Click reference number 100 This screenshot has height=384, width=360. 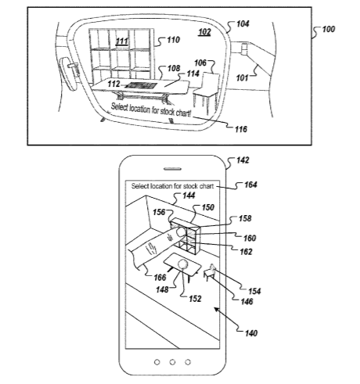[328, 29]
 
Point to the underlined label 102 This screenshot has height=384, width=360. [204, 32]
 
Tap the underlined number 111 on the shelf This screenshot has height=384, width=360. [121, 41]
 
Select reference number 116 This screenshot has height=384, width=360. [241, 129]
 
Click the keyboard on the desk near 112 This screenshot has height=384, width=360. [142, 86]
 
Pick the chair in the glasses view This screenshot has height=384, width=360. [207, 92]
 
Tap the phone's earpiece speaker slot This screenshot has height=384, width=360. [172, 169]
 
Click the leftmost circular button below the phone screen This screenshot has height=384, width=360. [157, 362]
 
